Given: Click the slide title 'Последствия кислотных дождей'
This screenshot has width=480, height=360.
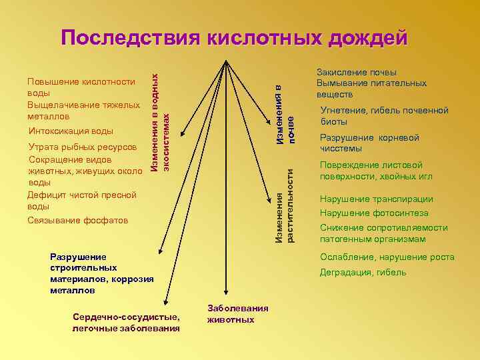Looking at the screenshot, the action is click(x=234, y=38).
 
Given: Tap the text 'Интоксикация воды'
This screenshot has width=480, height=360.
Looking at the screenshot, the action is click(x=71, y=131).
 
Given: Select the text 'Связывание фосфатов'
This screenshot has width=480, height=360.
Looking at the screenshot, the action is click(x=77, y=220).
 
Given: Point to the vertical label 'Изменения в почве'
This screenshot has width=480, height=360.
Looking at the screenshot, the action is click(x=285, y=110).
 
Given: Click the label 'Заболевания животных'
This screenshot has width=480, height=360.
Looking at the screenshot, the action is click(x=238, y=314).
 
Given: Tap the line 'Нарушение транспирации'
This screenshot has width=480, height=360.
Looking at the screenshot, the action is click(x=376, y=199).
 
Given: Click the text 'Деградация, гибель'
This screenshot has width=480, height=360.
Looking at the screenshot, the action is click(x=363, y=272).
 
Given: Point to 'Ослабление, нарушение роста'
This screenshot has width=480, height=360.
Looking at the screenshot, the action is click(x=387, y=257).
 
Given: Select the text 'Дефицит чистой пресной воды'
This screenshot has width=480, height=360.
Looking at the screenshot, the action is click(x=81, y=200).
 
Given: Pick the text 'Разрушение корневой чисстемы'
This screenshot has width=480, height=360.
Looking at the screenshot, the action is click(x=369, y=143).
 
